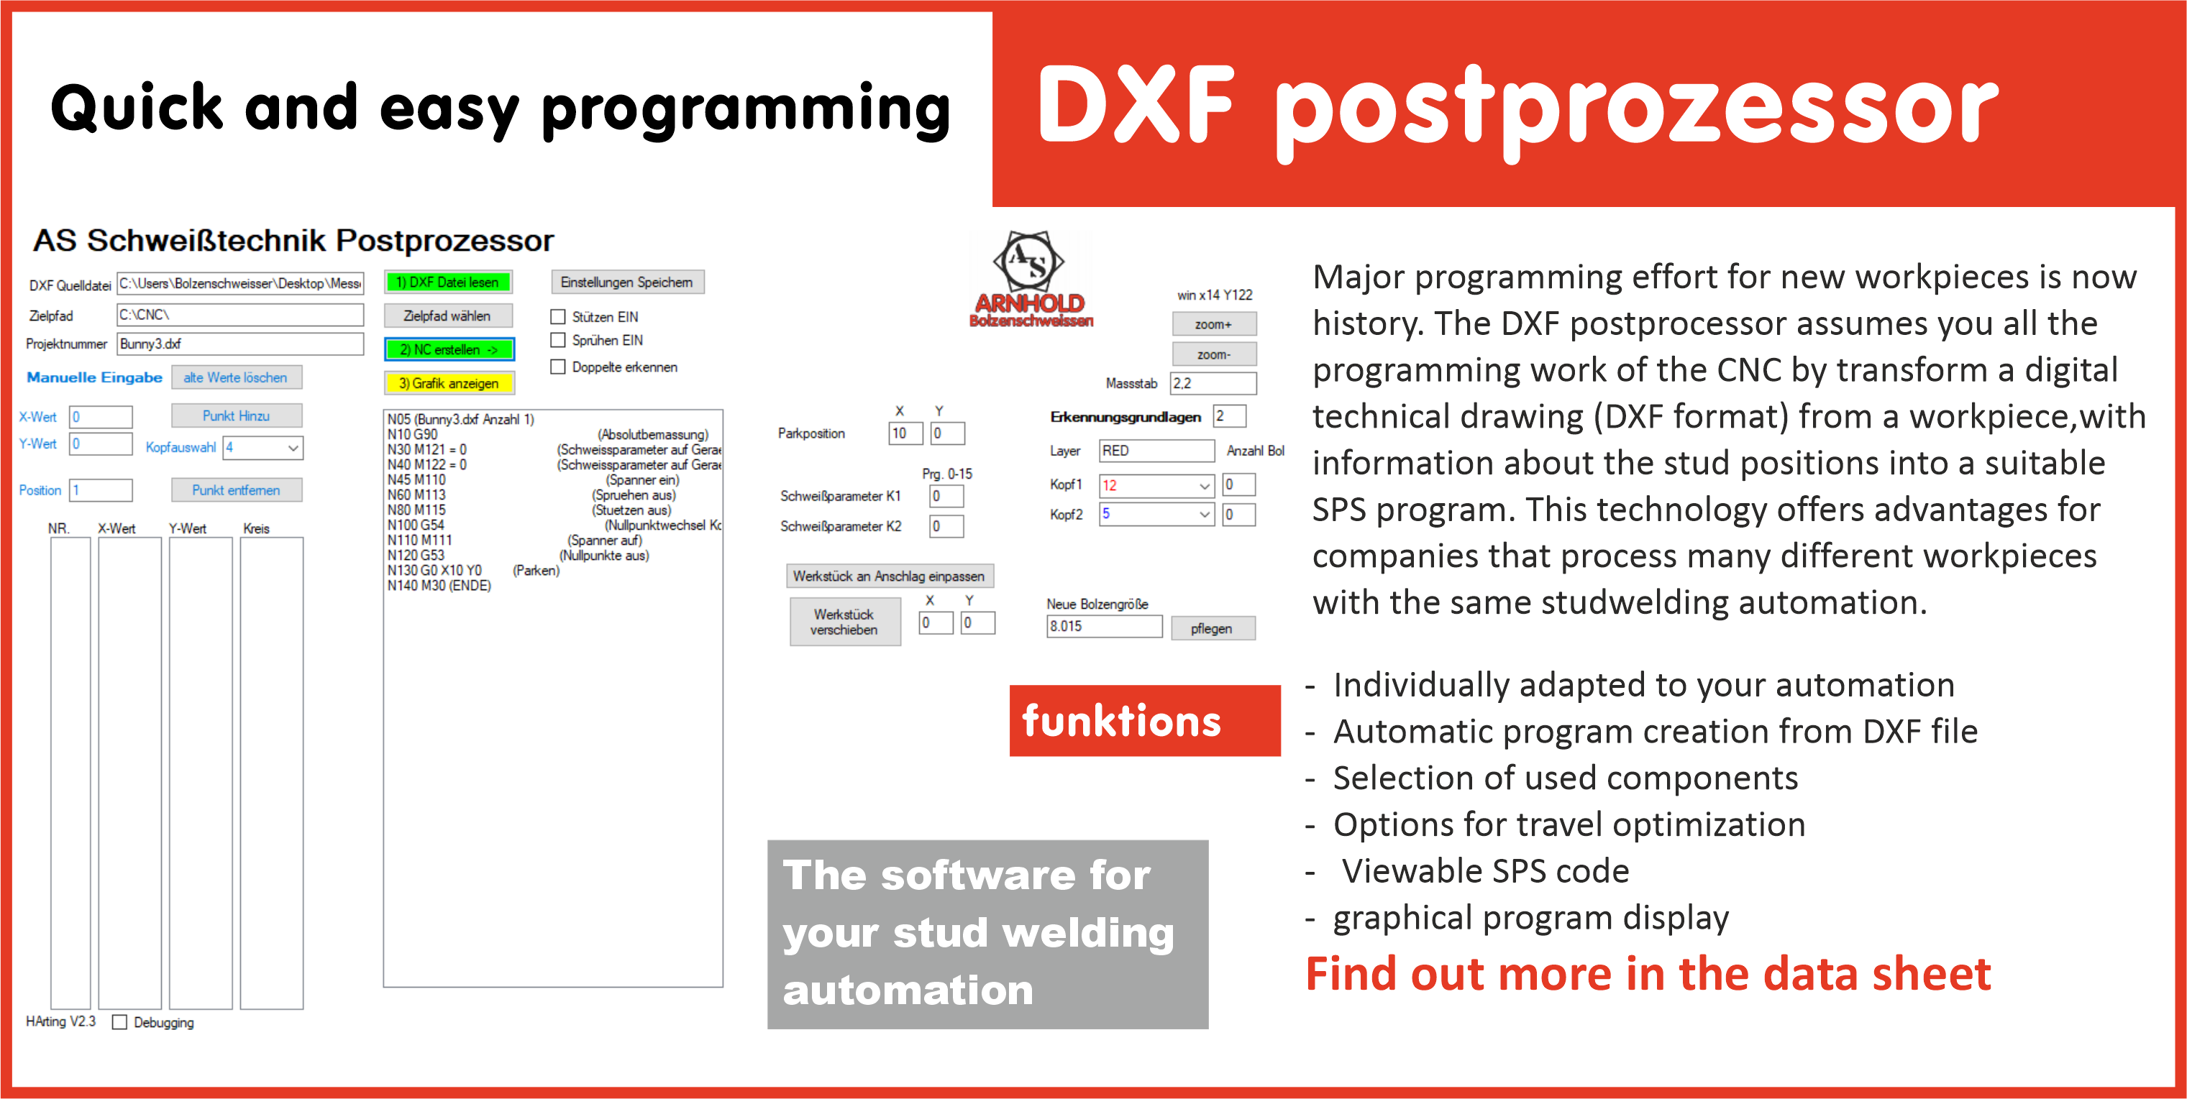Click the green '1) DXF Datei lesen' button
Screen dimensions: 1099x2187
tap(447, 282)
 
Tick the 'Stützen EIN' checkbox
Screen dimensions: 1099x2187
tap(558, 316)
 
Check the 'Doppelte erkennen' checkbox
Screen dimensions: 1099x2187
tap(558, 367)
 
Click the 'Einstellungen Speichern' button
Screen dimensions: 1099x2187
tap(626, 282)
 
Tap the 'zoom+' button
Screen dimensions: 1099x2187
tap(1213, 324)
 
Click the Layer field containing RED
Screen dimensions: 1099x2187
tap(1156, 451)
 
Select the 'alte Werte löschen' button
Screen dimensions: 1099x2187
tap(235, 377)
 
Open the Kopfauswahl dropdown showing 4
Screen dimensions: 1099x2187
tap(262, 447)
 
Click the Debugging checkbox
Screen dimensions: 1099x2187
tap(119, 1023)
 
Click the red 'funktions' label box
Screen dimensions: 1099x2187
tap(1143, 720)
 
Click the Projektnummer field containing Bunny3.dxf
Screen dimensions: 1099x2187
tap(239, 344)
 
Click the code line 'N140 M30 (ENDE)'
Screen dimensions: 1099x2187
tap(439, 586)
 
